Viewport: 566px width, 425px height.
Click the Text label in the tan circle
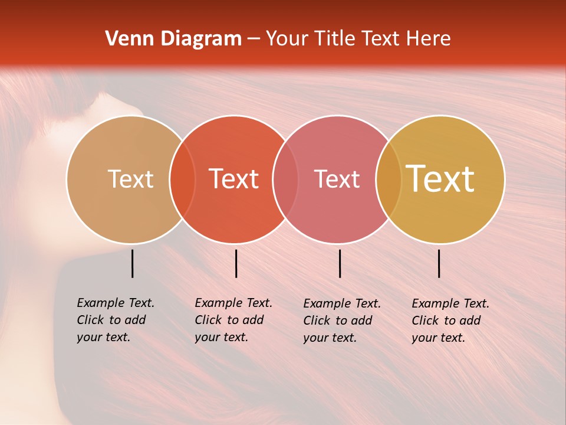pyautogui.click(x=130, y=179)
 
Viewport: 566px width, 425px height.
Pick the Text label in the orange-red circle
pyautogui.click(x=234, y=179)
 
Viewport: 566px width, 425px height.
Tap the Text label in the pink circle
pyautogui.click(x=337, y=179)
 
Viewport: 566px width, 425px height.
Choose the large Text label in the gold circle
pyautogui.click(x=440, y=179)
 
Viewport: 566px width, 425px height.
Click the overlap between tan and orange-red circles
pyautogui.click(x=182, y=179)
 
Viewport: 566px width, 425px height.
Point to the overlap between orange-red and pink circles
pyautogui.click(x=285, y=179)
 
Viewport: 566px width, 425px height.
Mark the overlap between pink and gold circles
pyautogui.click(x=389, y=179)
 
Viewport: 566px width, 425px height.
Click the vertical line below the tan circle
pyautogui.click(x=132, y=263)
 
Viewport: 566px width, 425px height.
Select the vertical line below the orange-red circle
pyautogui.click(x=236, y=263)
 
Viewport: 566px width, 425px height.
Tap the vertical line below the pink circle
pyautogui.click(x=340, y=263)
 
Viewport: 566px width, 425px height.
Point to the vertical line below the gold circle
pyautogui.click(x=439, y=263)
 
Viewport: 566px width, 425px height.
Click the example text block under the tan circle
pyautogui.click(x=115, y=320)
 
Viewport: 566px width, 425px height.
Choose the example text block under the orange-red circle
pyautogui.click(x=233, y=320)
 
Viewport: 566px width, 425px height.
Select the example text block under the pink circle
pyautogui.click(x=341, y=321)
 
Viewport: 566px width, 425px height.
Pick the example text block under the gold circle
pyautogui.click(x=450, y=321)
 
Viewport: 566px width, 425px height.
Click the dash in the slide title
pyautogui.click(x=254, y=40)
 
